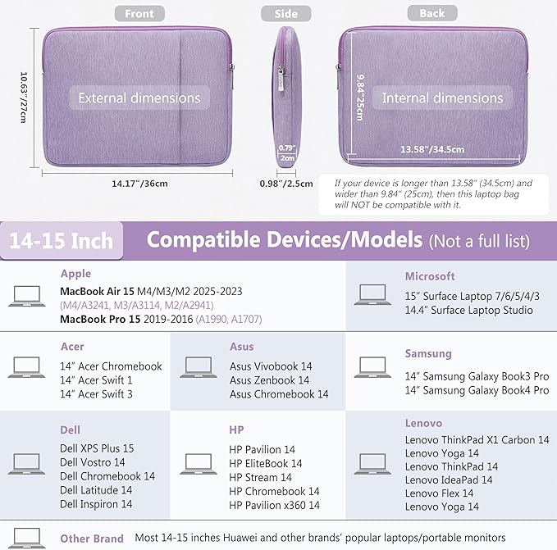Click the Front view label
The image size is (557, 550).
(139, 14)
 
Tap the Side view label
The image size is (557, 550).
(285, 14)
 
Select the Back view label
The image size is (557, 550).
(431, 14)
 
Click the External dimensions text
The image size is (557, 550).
(139, 98)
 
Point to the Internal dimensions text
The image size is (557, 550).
(442, 98)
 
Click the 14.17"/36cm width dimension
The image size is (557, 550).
(139, 183)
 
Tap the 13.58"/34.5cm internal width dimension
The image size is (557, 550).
(432, 150)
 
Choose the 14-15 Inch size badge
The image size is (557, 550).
(62, 242)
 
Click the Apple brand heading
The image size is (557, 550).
(75, 274)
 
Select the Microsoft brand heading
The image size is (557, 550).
(429, 276)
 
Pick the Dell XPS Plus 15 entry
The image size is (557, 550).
(97, 448)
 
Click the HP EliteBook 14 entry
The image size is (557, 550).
(265, 463)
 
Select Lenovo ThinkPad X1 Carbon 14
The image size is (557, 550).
(477, 440)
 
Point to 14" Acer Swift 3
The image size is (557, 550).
(96, 394)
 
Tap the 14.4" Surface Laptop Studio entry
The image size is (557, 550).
(468, 310)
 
